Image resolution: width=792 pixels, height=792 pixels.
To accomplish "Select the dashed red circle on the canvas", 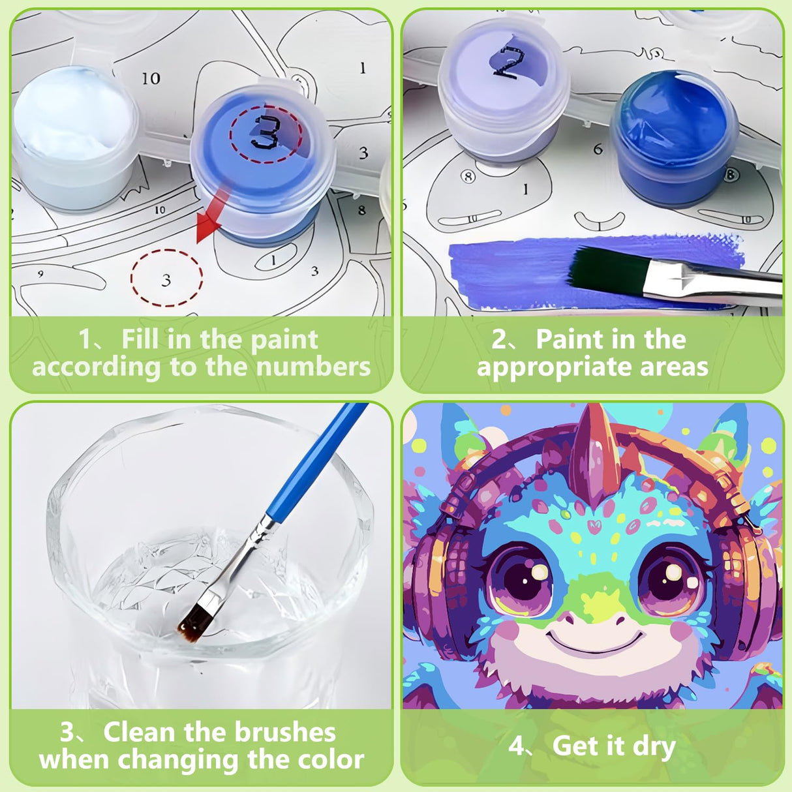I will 166,277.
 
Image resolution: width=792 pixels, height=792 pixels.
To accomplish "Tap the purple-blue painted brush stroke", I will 515,267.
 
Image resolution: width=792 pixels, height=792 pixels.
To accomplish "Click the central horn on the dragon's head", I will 594,450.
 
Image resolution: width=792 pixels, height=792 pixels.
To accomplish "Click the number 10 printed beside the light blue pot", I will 151,78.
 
